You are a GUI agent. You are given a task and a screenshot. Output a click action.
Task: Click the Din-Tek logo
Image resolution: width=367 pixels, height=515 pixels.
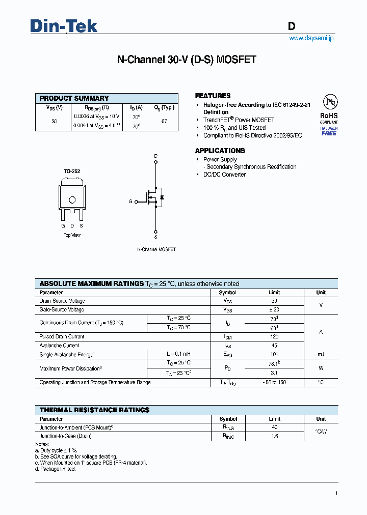coord(64,26)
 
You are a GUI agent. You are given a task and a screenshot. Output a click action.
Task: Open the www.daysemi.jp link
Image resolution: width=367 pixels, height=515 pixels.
coord(311,38)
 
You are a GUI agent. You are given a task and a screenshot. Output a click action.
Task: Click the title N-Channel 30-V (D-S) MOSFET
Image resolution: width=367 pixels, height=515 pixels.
coord(187,60)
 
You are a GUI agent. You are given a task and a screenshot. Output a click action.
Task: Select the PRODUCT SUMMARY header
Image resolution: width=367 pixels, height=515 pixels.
coord(74,98)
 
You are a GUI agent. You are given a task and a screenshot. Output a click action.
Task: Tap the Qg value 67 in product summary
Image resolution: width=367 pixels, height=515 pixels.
coord(164,122)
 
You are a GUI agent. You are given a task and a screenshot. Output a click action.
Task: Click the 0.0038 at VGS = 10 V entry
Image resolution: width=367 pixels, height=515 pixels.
coord(96,117)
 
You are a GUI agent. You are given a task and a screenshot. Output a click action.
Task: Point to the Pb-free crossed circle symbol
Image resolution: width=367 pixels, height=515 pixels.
coord(329,102)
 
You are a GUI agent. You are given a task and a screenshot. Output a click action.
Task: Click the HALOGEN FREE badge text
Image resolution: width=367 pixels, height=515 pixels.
coord(329,131)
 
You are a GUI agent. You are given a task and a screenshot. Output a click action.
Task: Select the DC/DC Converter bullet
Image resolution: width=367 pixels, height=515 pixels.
coord(224,175)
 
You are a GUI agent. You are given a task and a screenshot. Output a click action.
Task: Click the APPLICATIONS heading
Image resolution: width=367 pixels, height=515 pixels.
coord(220,151)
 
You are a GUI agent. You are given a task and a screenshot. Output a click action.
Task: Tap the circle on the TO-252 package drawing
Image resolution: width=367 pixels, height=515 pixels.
coord(72,199)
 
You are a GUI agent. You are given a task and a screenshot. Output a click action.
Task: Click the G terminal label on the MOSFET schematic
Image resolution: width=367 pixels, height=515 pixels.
coord(130,202)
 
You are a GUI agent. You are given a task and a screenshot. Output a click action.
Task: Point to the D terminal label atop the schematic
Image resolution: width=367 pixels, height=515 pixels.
coord(155,156)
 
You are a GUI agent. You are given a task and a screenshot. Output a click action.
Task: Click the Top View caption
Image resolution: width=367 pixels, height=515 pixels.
coord(72,235)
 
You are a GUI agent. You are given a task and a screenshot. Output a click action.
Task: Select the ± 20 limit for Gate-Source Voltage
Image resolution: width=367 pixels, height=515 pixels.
coord(274,309)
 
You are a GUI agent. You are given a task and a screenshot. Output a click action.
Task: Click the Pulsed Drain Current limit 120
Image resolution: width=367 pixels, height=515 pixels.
coord(274,336)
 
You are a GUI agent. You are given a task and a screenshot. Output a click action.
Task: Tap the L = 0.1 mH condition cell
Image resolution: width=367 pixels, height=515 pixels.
coord(178,354)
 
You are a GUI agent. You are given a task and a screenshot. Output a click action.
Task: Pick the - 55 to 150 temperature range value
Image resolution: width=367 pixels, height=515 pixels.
coord(274,382)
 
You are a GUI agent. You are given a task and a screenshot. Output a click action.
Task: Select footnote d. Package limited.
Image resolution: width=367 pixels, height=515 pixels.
coord(56,469)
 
